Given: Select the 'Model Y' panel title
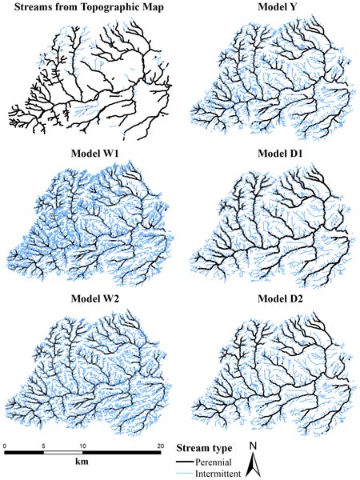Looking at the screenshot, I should tap(269, 8).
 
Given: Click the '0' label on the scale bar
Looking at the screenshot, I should tap(5, 445).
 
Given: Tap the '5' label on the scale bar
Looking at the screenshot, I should tap(44, 445).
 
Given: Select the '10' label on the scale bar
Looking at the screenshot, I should tap(82, 445).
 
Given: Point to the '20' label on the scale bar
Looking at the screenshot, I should tap(160, 445).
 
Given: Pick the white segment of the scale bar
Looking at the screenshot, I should tap(63, 454).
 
